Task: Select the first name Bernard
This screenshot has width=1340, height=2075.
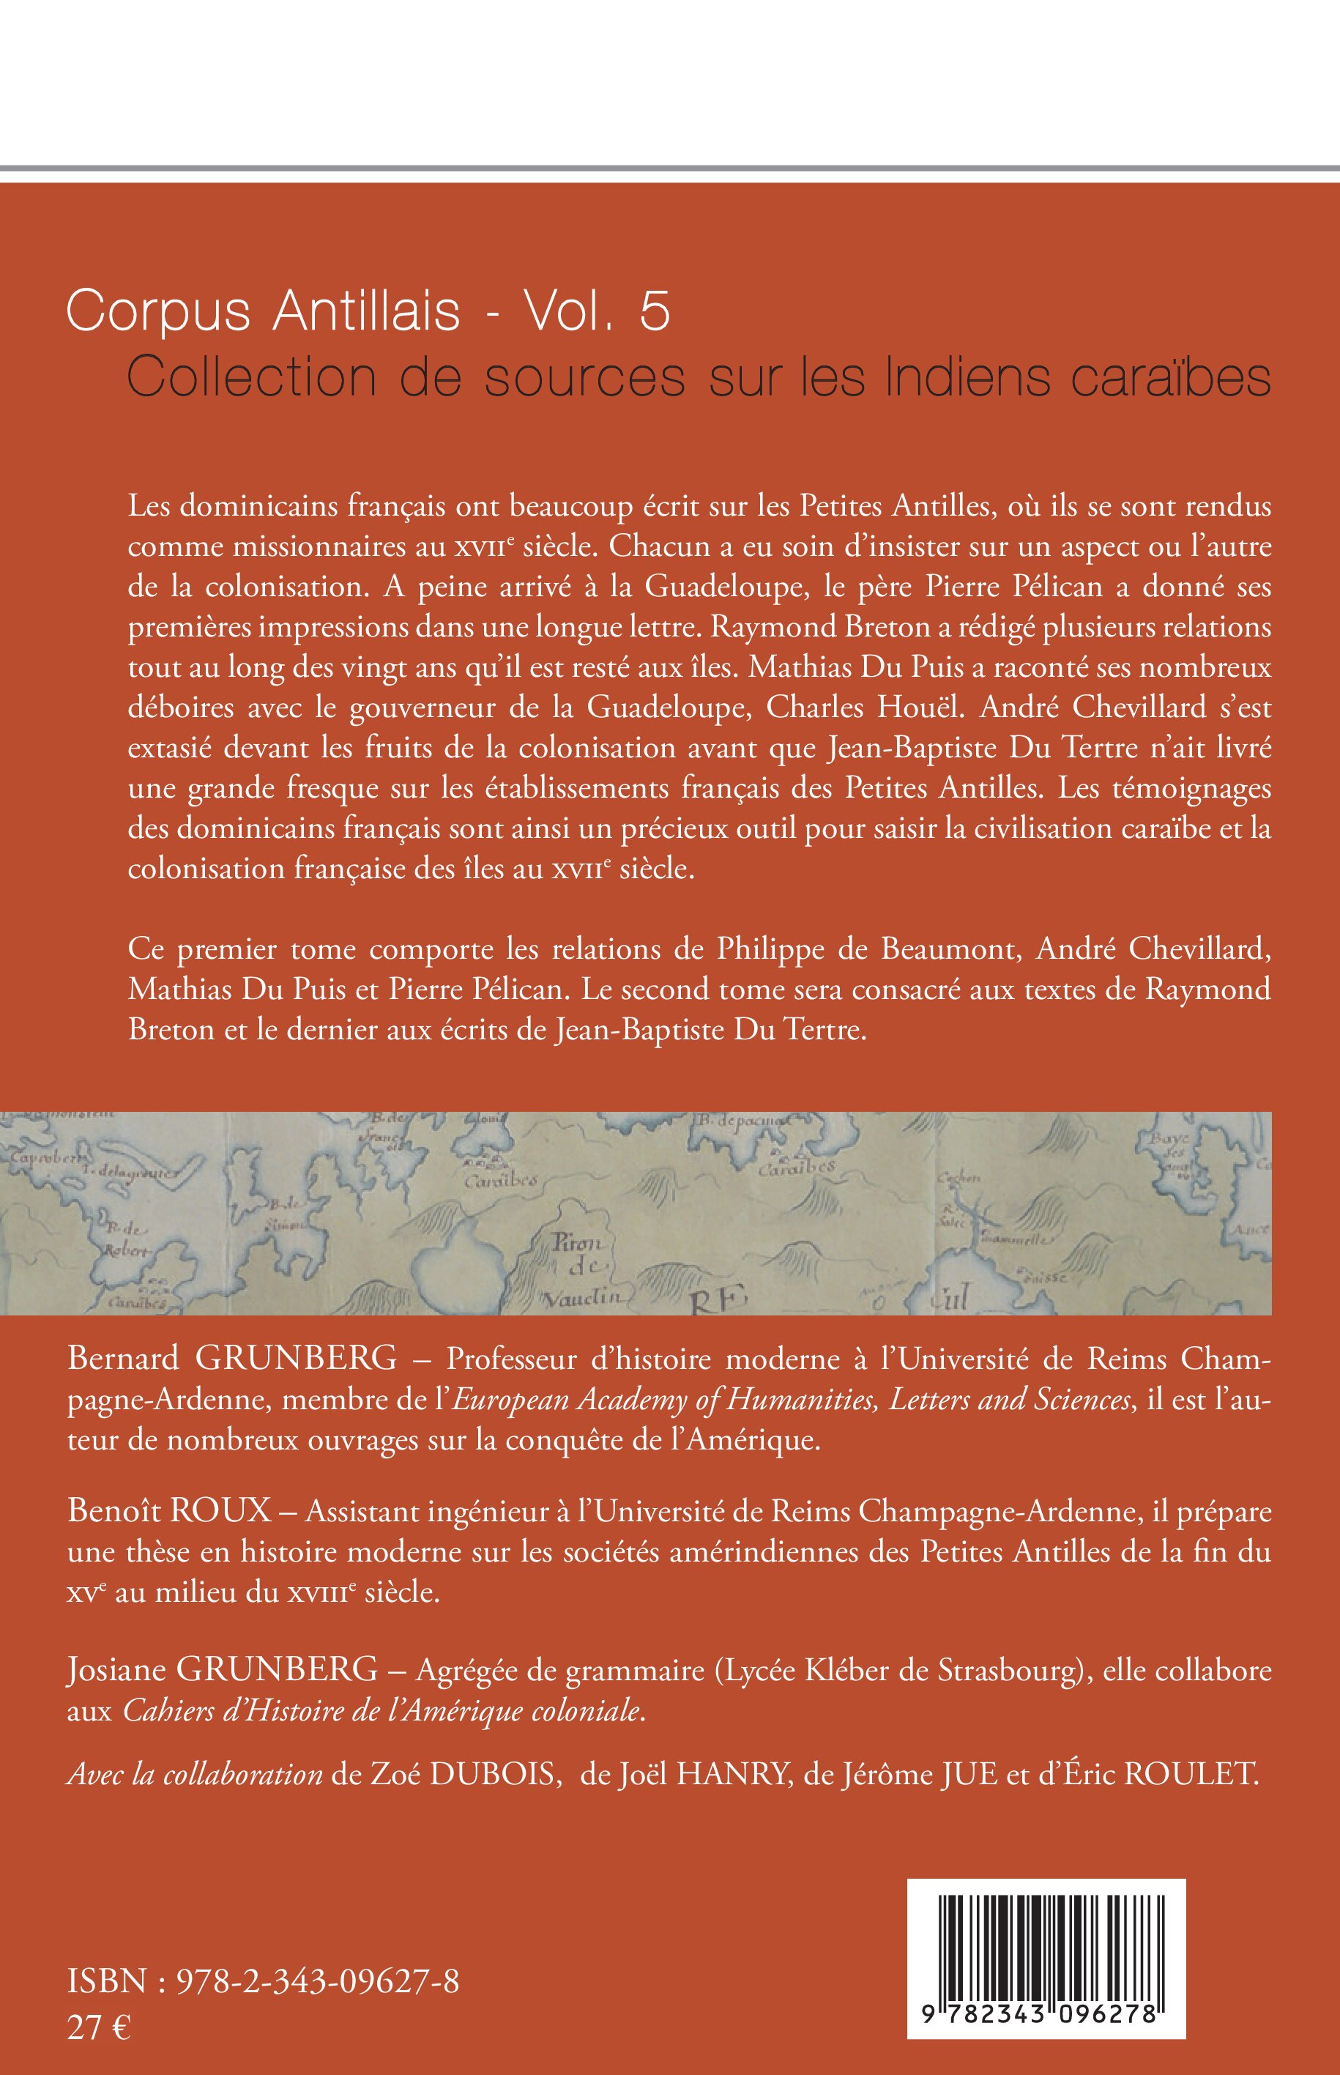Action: tap(123, 1357)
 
